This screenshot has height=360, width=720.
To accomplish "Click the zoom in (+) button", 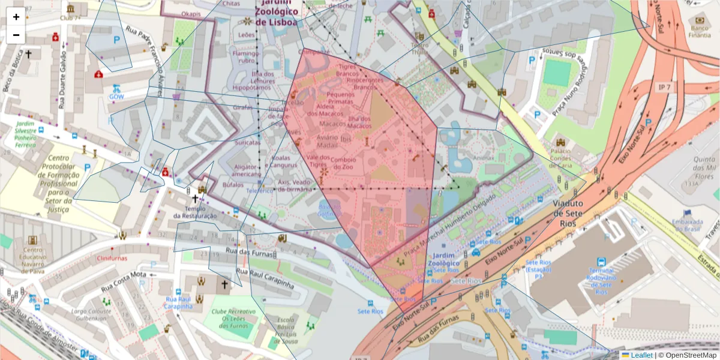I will [x=16, y=17].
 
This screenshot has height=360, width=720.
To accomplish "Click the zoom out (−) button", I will [x=16, y=35].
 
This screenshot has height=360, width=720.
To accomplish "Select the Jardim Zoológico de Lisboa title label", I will [x=276, y=13].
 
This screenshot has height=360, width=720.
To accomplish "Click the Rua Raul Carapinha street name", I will [x=264, y=279].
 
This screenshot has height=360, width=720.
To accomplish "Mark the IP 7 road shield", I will [x=663, y=88].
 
